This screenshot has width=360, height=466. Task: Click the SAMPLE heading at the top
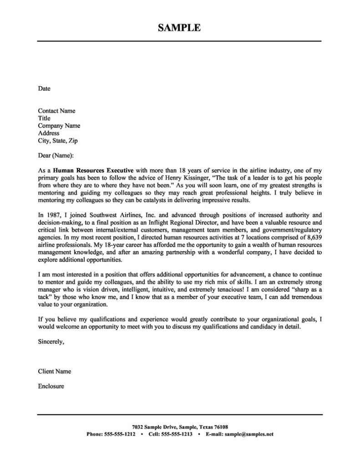(179, 28)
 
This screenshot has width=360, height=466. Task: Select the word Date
(44, 88)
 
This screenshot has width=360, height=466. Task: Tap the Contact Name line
(56, 111)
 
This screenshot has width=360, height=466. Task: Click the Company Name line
(59, 126)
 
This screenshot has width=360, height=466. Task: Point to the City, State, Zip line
(58, 141)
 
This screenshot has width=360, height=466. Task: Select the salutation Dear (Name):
(56, 156)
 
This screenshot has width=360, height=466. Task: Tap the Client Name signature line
(54, 371)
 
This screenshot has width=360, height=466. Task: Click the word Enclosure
(51, 386)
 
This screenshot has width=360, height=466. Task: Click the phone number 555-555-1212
(120, 434)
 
